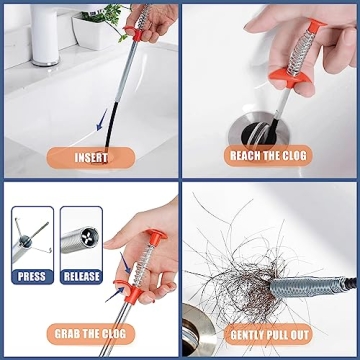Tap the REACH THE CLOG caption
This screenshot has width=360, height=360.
[269, 158]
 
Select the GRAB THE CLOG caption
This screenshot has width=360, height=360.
[91, 334]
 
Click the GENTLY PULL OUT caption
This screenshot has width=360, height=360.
[269, 334]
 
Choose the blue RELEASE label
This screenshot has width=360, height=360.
[81, 276]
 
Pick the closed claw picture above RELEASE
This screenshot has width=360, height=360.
[81, 238]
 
